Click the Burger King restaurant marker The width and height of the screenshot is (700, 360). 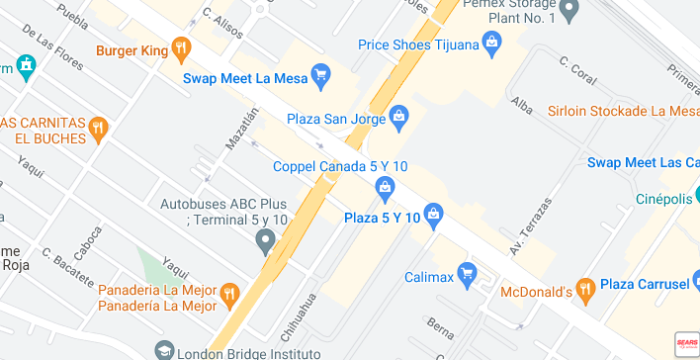tap(180, 47)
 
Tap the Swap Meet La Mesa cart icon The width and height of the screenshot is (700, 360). tap(319, 73)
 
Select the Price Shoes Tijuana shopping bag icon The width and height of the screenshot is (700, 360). tap(490, 43)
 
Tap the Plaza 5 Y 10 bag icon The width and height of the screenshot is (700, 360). tap(433, 216)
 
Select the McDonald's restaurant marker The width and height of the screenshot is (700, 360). tap(585, 289)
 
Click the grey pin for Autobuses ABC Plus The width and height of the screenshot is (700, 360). tap(264, 239)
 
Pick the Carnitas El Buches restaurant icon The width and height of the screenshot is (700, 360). tap(97, 128)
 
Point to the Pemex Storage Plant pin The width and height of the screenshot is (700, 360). tap(568, 11)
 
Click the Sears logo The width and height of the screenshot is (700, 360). tap(686, 343)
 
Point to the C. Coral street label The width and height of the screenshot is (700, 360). tap(575, 68)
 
